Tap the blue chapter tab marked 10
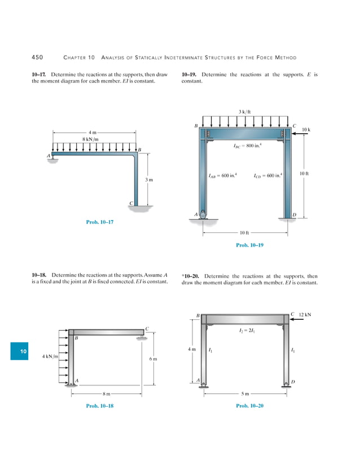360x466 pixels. click(23, 351)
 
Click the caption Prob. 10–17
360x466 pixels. click(99, 222)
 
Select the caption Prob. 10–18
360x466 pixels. click(99, 406)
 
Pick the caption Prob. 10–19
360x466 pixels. click(249, 245)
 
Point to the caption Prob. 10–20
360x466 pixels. click(249, 406)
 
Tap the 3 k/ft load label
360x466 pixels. click(245, 111)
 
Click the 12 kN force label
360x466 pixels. click(305, 314)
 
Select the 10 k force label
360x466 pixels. click(306, 130)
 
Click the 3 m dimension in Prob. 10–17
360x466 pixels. click(150, 179)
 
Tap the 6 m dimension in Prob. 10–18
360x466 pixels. click(153, 359)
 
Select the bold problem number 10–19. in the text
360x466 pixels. click(190, 74)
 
